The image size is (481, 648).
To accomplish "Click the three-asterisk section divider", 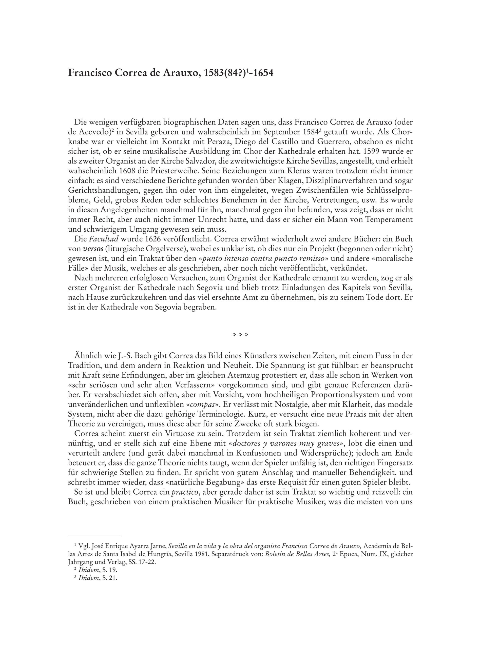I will [240, 335].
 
